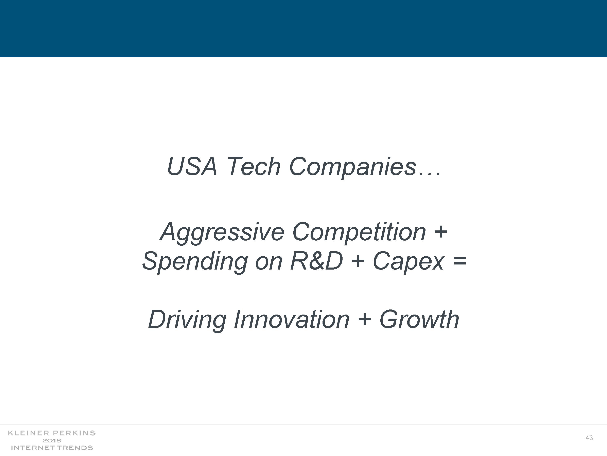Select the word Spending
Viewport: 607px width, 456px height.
(x=195, y=262)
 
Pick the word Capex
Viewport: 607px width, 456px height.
(x=408, y=262)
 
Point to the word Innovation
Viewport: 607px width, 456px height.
(x=291, y=319)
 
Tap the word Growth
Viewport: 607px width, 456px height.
(x=419, y=319)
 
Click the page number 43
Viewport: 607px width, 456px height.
(x=589, y=438)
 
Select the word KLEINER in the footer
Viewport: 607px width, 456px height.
(x=29, y=433)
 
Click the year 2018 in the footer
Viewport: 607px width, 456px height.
(x=52, y=441)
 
